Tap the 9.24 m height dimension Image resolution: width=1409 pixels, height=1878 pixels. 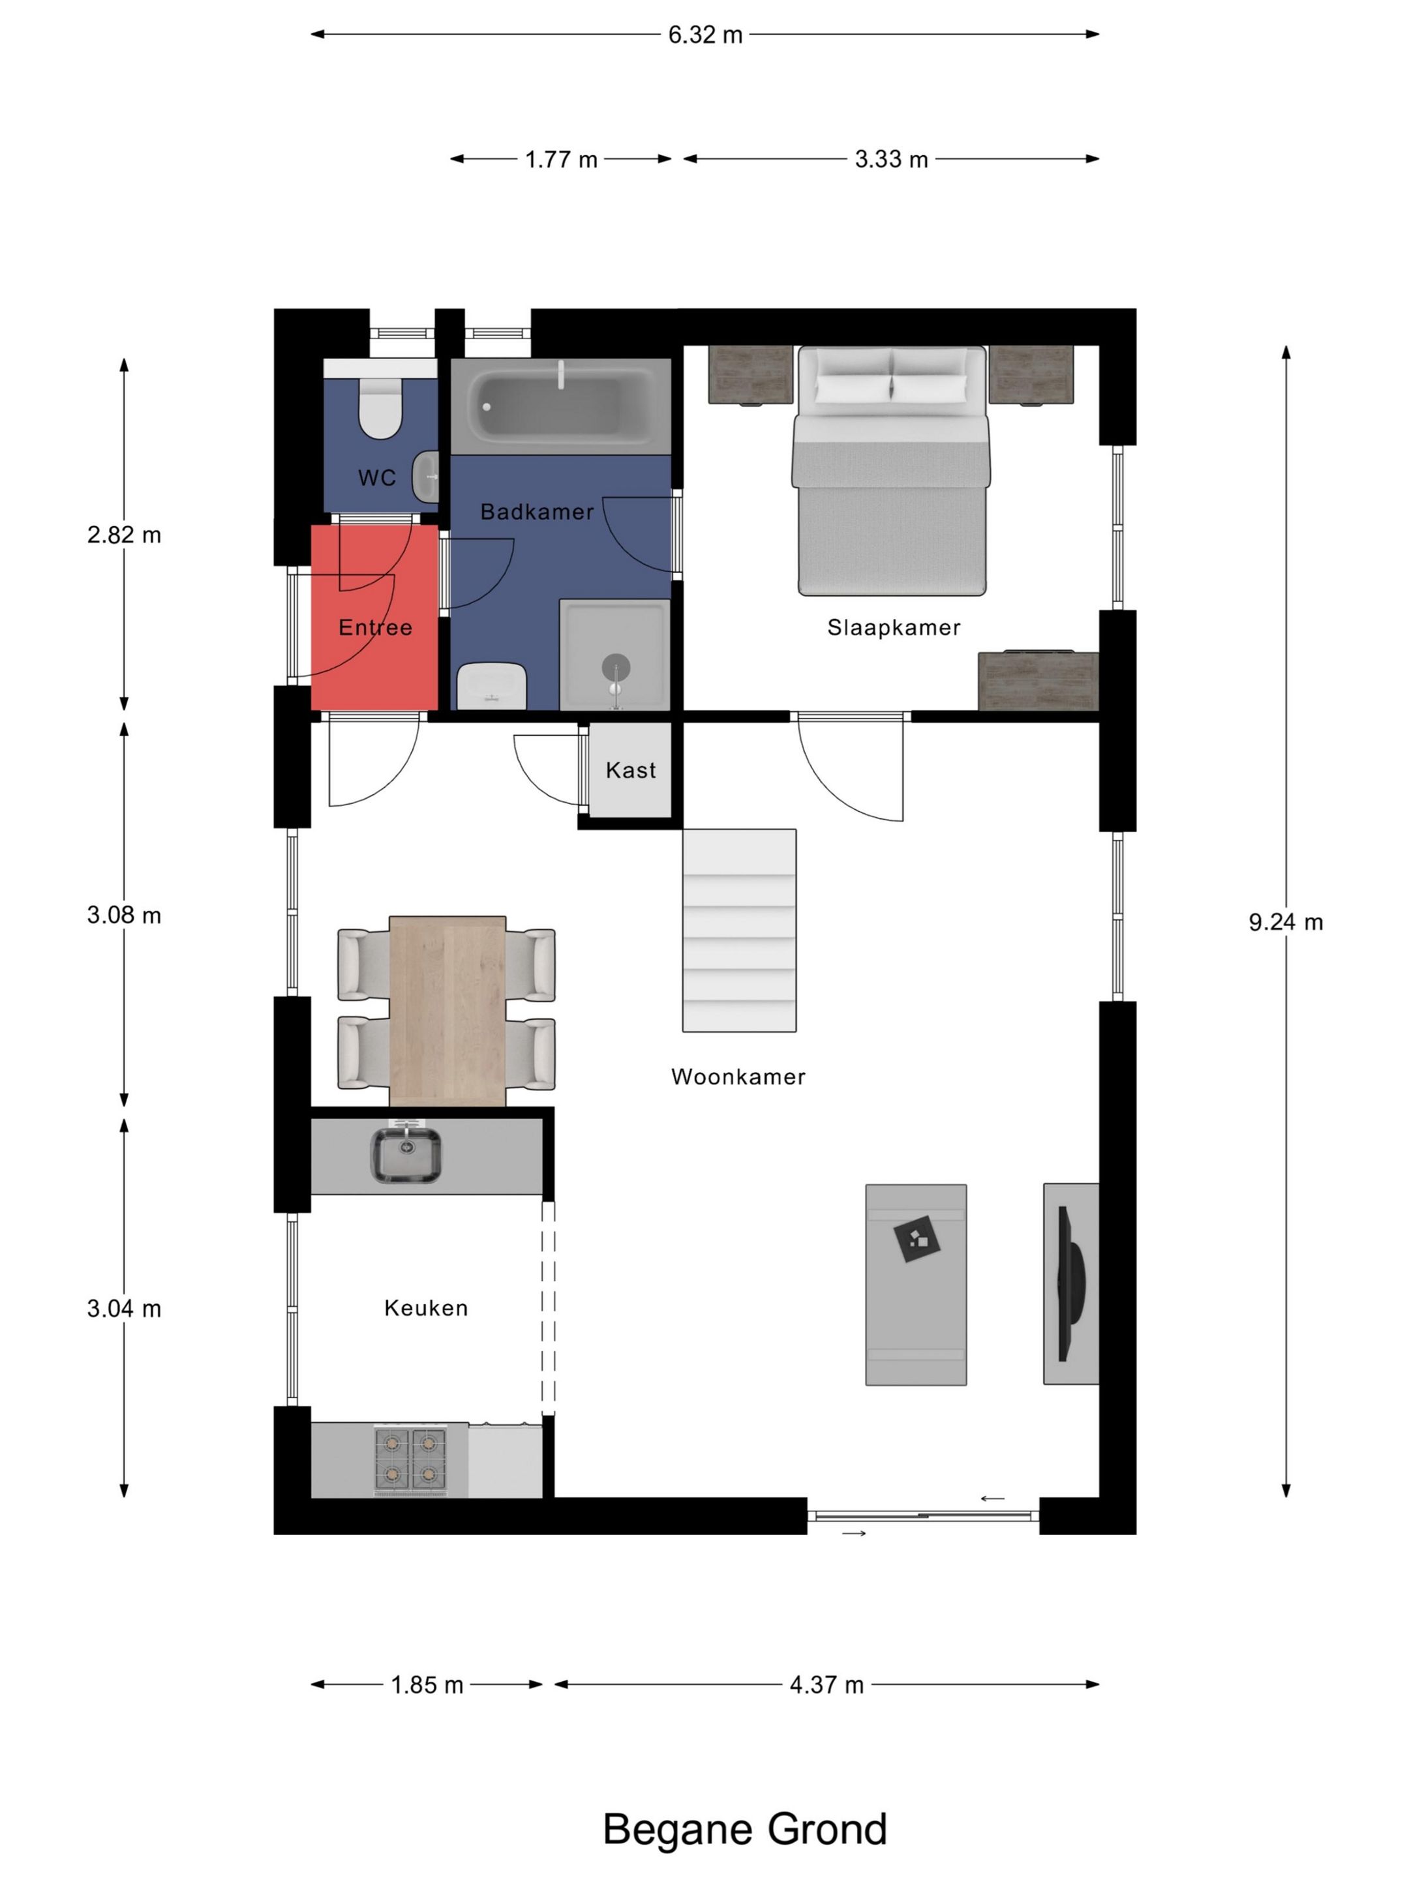(1285, 922)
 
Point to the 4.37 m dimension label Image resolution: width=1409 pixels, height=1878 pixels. (826, 1684)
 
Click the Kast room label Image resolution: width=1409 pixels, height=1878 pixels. (630, 770)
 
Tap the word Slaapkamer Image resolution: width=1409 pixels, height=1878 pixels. (894, 627)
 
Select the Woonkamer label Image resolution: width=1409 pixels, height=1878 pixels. (738, 1077)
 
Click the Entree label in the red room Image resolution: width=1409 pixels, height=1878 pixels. (375, 627)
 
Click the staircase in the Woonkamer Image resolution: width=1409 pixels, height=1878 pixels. (739, 931)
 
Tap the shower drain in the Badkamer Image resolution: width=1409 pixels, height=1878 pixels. (616, 667)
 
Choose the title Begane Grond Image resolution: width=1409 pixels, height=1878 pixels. (745, 1828)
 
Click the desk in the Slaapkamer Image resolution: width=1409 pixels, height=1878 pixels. (1038, 680)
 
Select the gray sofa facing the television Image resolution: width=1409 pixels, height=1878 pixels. (916, 1285)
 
